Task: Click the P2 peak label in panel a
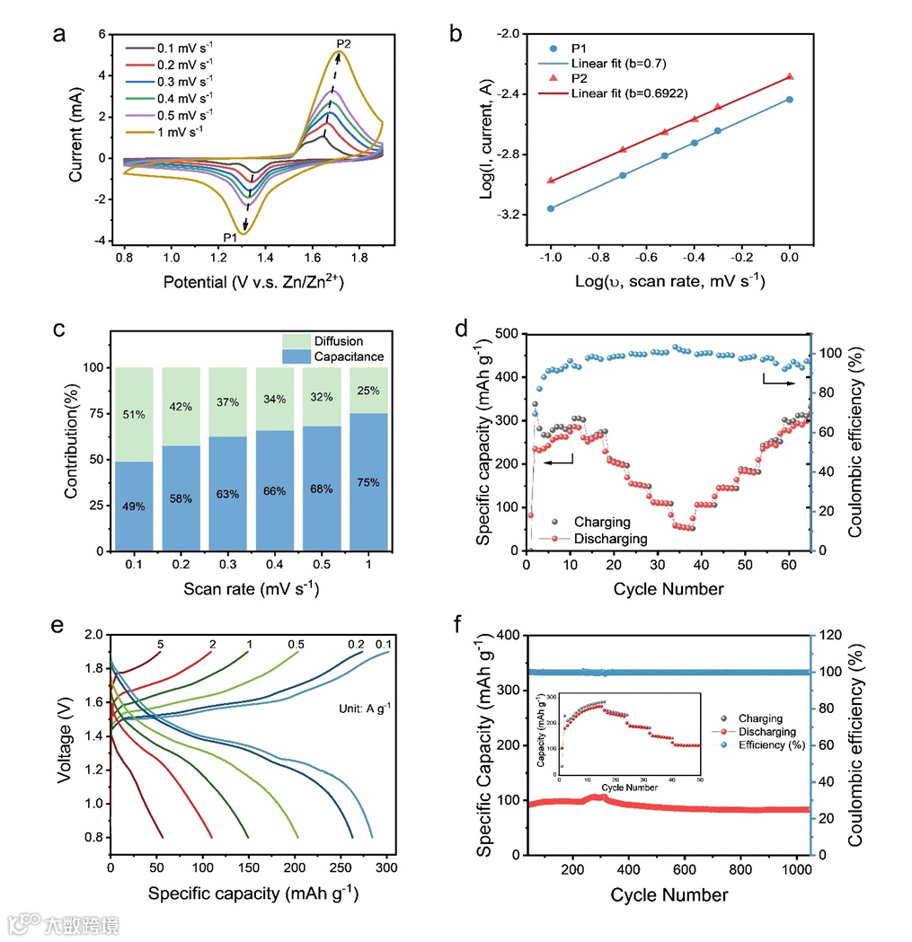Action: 344,43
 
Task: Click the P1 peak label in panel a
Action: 231,237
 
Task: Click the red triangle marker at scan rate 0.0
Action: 790,77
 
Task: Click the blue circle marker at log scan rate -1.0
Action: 551,208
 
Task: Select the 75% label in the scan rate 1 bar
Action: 368,482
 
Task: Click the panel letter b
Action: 456,35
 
